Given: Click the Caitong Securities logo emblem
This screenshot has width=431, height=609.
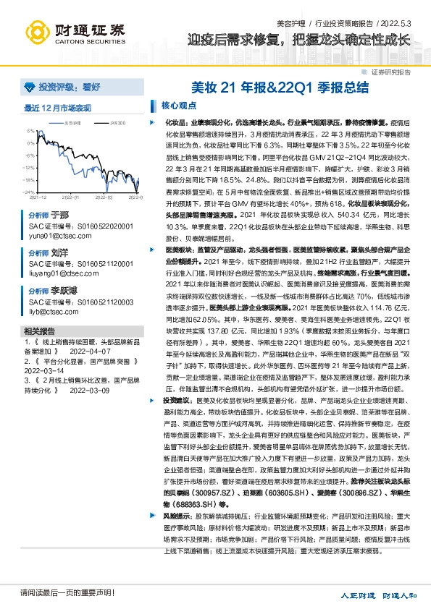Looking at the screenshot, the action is [x=33, y=30].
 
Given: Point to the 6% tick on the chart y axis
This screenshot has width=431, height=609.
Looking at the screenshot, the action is [x=32, y=131].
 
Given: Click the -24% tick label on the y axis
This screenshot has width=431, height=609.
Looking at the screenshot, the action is [x=30, y=191].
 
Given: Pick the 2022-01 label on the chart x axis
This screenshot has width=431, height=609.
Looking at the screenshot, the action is [x=70, y=196].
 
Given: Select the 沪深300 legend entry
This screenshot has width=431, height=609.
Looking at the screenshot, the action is [x=98, y=123].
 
